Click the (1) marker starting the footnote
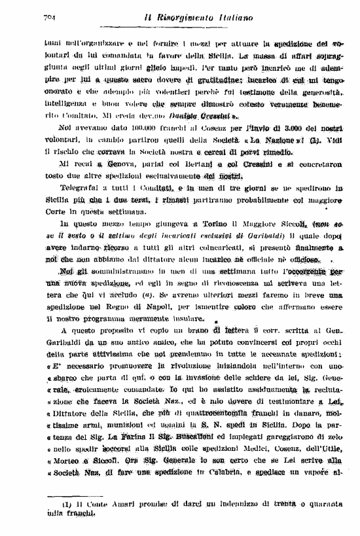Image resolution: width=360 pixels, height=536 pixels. tap(67, 504)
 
